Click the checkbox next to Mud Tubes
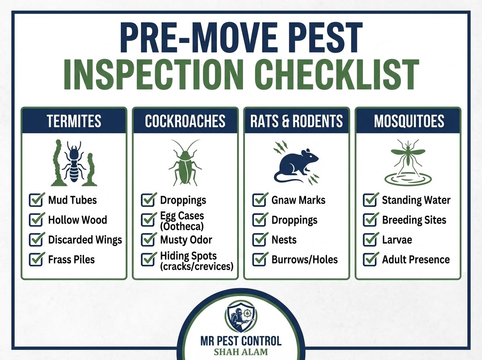(37, 200)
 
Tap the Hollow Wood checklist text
(78, 220)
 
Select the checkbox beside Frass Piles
(37, 260)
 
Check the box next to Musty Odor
(148, 240)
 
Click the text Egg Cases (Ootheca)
(182, 221)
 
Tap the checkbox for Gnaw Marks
(259, 200)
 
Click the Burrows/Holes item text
(304, 260)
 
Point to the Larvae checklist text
(397, 240)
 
